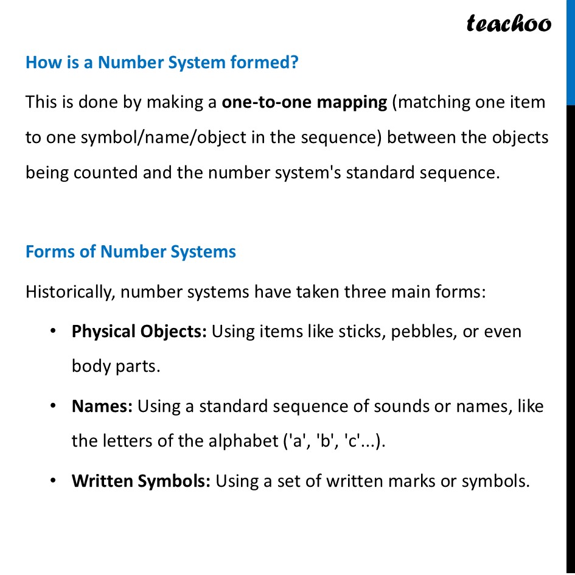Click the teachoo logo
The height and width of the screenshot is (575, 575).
(x=509, y=23)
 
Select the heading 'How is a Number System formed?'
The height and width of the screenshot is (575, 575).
(x=162, y=62)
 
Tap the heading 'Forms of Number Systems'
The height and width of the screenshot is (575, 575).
(x=131, y=252)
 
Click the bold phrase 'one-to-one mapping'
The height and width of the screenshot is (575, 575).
(x=304, y=102)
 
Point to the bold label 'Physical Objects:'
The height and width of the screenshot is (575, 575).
(x=139, y=332)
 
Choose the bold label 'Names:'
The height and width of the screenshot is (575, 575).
(x=102, y=406)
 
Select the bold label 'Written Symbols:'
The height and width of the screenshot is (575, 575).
(x=141, y=481)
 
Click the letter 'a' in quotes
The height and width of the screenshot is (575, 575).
(x=298, y=441)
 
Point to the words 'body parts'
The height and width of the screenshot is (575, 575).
(x=116, y=367)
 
